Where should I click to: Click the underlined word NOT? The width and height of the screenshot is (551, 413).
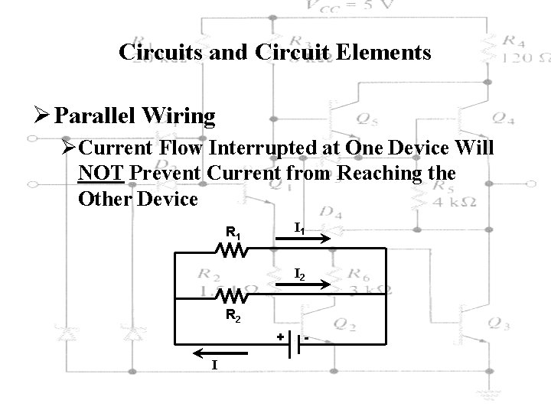tap(101, 174)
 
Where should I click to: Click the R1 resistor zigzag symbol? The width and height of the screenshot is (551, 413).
tap(230, 249)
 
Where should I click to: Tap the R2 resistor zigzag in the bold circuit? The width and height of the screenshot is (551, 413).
tap(230, 294)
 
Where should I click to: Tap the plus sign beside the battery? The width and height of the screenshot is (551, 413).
tap(280, 335)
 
